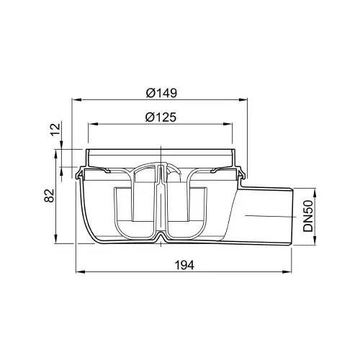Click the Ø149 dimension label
tap(161, 93)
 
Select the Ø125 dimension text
tap(161, 117)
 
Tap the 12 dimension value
tap(55, 130)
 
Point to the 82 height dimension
tap(50, 196)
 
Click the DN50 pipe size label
tap(308, 216)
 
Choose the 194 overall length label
tap(184, 265)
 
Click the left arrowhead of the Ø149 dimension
tap(77, 99)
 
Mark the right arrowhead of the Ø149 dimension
tap(242, 99)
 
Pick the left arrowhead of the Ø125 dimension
tap(94, 124)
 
